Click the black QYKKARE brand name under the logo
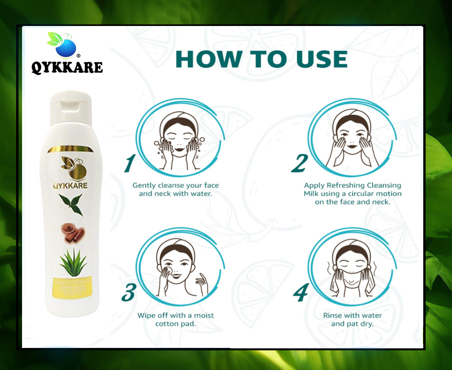[67, 67]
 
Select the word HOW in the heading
[206, 59]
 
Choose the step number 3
[129, 292]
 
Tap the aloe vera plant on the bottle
[73, 262]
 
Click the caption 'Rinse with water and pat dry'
[352, 320]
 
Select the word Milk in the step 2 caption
[311, 194]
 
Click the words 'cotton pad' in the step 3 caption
[176, 324]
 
